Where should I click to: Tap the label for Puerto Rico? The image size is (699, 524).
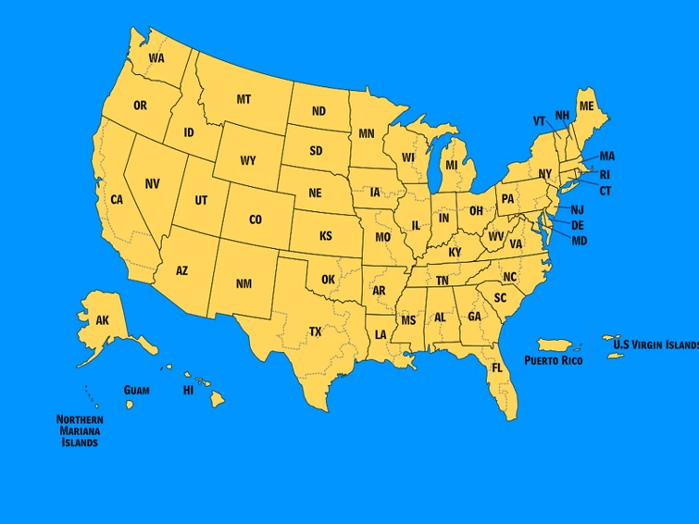pos(553,359)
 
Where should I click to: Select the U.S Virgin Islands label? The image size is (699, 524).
pos(655,344)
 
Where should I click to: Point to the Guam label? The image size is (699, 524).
pos(136,390)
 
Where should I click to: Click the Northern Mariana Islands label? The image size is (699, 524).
pos(79,430)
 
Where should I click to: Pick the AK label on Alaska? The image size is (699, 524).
pos(103,320)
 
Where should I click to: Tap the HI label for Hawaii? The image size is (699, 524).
pos(188,390)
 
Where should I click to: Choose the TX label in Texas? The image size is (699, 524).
pos(315,331)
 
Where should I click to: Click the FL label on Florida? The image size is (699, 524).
pos(497,368)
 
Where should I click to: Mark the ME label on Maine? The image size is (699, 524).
pos(586,106)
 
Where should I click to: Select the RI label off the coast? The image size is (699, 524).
pos(605,174)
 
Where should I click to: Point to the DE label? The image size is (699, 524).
pos(578,225)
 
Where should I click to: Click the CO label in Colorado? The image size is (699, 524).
pos(256,219)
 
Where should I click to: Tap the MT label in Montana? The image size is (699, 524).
pos(243,99)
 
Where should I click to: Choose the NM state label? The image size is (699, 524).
pos(243,283)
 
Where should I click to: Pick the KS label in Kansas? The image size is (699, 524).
pos(326,236)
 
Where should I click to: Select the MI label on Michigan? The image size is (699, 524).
pos(452,165)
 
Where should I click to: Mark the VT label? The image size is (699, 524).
pos(539,120)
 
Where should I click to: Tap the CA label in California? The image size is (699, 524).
pos(117,199)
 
